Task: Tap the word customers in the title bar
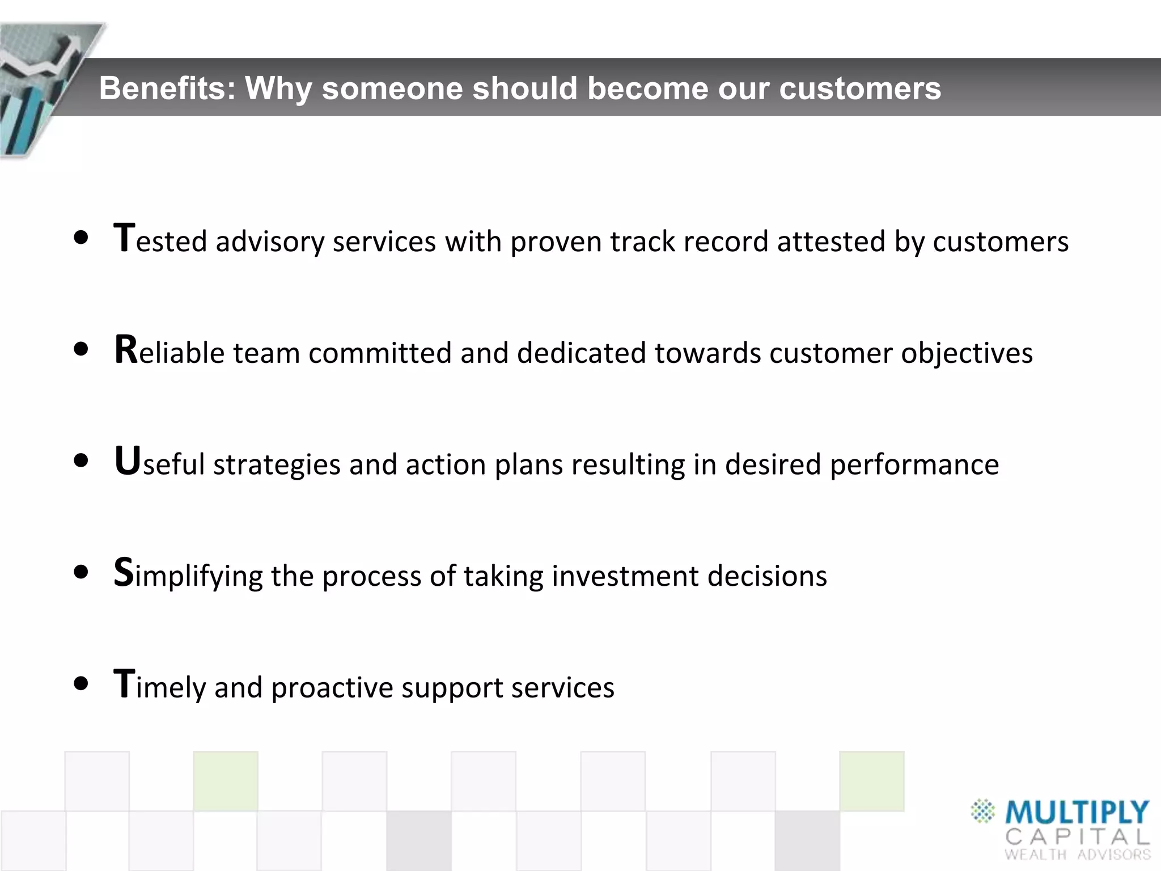[x=860, y=88]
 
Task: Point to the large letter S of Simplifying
[x=123, y=572]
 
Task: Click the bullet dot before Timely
[x=82, y=683]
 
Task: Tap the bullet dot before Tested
[x=82, y=238]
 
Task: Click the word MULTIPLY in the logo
[x=1077, y=813]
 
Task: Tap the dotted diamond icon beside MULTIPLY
[x=983, y=811]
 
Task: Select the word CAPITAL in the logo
[x=1077, y=837]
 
